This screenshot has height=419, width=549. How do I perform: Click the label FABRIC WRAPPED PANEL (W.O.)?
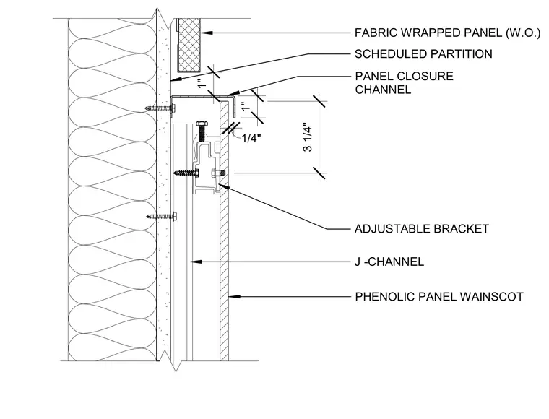(447, 33)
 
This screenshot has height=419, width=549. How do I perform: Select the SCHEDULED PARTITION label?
(423, 54)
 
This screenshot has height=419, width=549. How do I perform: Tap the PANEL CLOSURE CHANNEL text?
(404, 83)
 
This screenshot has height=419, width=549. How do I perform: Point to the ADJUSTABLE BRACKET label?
(422, 228)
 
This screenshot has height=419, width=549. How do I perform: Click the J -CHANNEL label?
(389, 262)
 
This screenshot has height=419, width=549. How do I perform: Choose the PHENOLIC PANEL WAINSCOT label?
(439, 296)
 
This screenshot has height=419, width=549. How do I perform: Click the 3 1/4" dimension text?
(308, 137)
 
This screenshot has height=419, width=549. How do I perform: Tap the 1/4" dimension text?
(251, 139)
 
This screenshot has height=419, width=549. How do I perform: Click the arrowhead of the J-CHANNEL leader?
(195, 262)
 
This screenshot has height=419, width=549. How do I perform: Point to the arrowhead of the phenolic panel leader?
(234, 296)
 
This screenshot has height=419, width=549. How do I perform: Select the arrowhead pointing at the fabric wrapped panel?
(206, 33)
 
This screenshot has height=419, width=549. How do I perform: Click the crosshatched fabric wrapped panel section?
(189, 45)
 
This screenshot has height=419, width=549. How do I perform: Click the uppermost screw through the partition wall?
(160, 108)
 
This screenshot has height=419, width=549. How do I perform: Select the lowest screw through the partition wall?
(161, 217)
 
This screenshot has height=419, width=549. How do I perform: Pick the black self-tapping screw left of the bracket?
(186, 173)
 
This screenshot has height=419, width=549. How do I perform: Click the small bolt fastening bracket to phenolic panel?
(217, 173)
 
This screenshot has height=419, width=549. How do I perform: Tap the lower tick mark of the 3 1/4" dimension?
(319, 173)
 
